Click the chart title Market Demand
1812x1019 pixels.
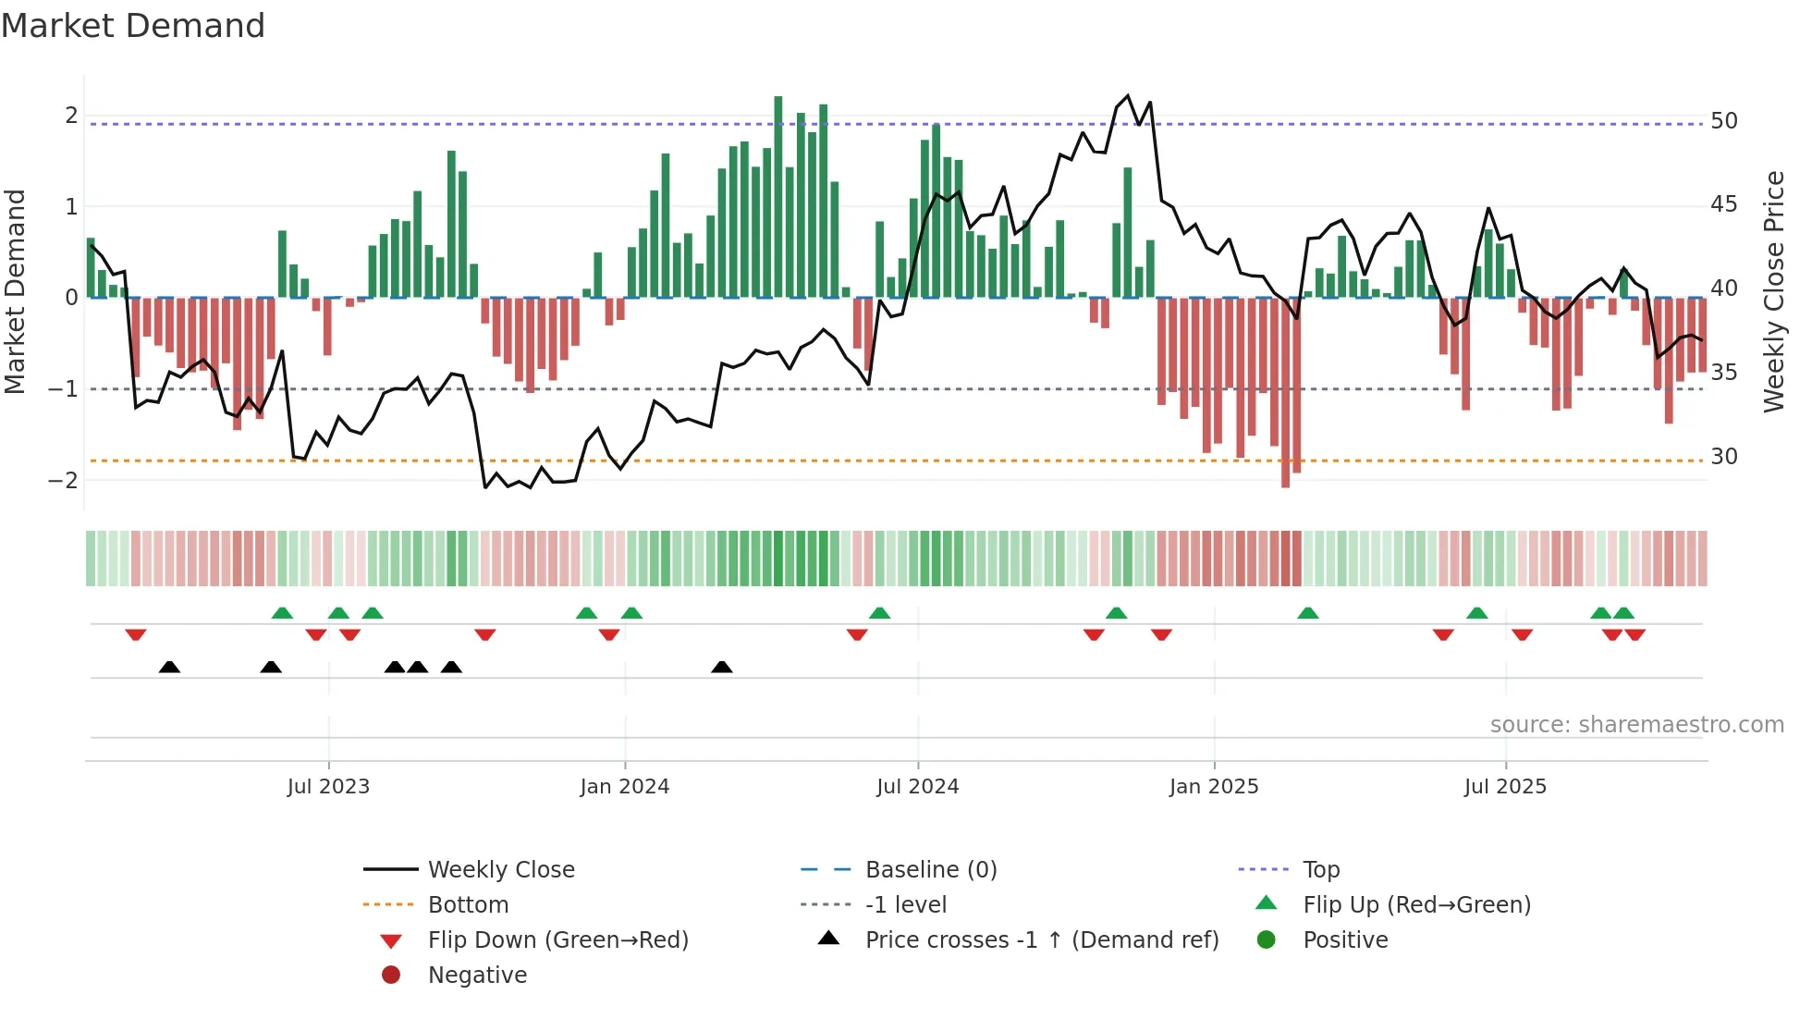point(133,26)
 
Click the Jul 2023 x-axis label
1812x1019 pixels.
point(328,787)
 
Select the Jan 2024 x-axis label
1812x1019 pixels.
point(624,787)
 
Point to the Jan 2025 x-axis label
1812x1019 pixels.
point(1213,787)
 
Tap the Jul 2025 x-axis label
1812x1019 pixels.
point(1505,787)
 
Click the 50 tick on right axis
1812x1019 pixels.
point(1723,121)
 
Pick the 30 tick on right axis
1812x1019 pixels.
point(1723,457)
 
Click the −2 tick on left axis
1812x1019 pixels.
point(64,480)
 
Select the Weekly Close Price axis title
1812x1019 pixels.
point(1773,291)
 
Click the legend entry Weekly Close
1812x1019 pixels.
point(500,870)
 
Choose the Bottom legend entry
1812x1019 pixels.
point(468,905)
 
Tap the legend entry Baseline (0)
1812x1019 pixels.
point(930,870)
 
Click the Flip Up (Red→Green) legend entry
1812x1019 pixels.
point(1416,905)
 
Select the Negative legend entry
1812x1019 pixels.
point(477,976)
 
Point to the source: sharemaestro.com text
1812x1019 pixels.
point(1636,725)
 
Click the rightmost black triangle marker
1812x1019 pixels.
point(722,667)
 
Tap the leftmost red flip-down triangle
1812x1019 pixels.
point(136,634)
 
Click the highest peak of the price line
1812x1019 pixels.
point(1127,96)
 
